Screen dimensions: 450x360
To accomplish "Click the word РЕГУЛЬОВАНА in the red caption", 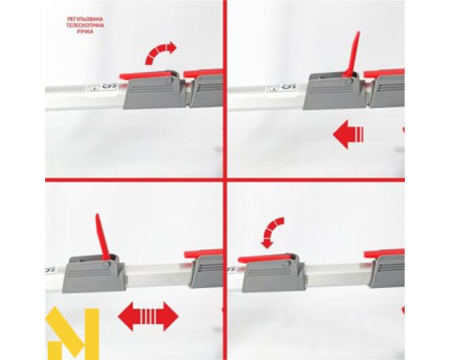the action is pos(85,20).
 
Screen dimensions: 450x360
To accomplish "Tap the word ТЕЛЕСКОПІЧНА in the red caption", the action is pos(85,25).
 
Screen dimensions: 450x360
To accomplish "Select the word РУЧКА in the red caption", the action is pos(85,31).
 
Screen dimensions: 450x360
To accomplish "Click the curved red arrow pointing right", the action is pos(159,53).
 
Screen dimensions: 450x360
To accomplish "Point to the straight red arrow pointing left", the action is pos(348,134).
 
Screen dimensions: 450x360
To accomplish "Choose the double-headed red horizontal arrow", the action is pos(148,317).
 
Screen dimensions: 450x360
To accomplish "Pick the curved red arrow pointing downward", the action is pos(272,232).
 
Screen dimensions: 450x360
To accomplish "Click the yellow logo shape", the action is pos(72,333).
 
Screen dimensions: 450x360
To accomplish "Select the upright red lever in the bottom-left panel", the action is pos(103,237).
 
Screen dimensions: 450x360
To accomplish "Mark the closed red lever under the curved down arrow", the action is pos(264,258).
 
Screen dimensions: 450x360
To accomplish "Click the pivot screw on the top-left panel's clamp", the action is pos(169,81).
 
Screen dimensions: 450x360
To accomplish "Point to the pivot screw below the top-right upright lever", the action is pos(348,81).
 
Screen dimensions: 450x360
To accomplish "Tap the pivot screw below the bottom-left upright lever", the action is pos(105,265).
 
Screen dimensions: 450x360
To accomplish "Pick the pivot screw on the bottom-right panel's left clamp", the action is pos(286,264).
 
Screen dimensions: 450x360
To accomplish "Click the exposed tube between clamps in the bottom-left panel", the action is pos(157,275).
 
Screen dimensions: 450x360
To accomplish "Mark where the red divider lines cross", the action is pos(225,180).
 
